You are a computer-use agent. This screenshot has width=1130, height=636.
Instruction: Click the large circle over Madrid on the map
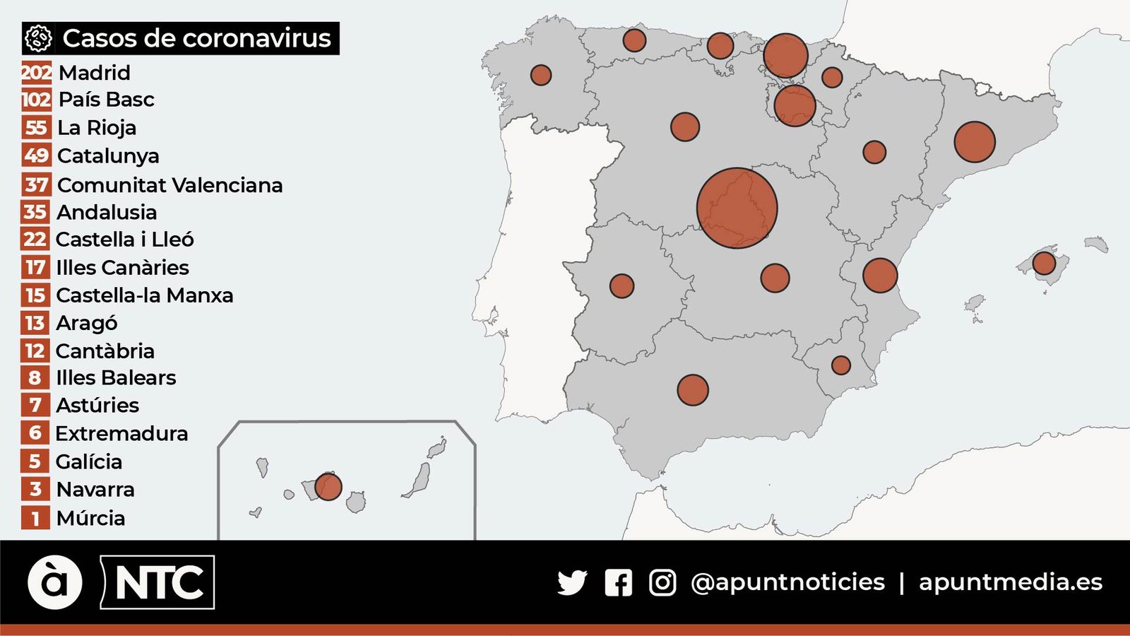[x=737, y=208]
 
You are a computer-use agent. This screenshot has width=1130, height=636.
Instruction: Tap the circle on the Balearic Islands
[x=1044, y=263]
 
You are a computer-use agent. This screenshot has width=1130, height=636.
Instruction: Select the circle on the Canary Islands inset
[x=328, y=486]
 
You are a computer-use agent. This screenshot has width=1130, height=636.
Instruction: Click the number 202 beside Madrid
[x=36, y=72]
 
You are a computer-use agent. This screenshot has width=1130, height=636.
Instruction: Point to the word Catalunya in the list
[x=108, y=155]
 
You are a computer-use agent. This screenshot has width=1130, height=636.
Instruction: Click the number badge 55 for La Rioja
[x=36, y=128]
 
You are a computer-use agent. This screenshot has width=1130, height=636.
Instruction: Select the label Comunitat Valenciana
[x=170, y=185]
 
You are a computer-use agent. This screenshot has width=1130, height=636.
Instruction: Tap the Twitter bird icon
[x=571, y=582]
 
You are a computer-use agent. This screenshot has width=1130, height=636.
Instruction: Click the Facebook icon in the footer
[x=618, y=582]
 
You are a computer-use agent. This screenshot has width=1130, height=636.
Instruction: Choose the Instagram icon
[x=662, y=582]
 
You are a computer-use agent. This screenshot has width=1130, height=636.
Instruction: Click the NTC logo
[x=158, y=582]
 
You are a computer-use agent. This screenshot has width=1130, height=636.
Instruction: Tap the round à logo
[x=55, y=582]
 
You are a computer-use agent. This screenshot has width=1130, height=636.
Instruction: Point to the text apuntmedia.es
[x=1010, y=582]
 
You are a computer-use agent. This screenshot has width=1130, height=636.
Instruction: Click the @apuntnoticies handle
[x=787, y=582]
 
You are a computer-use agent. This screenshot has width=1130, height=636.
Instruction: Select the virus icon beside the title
[x=38, y=38]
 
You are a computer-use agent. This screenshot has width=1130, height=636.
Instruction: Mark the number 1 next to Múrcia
[x=35, y=518]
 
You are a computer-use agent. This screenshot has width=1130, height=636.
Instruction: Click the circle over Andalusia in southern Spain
[x=692, y=389]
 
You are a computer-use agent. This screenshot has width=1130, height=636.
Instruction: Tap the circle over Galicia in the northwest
[x=540, y=75]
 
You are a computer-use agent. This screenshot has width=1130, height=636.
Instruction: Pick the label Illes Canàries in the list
[x=122, y=268]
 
